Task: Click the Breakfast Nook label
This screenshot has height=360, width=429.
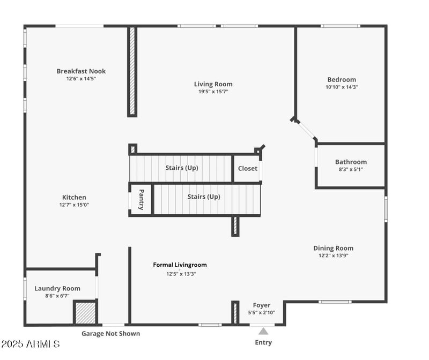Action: pyautogui.click(x=81, y=71)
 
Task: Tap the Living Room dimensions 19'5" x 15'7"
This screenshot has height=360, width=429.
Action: pyautogui.click(x=213, y=92)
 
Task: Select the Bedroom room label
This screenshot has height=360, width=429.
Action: pyautogui.click(x=341, y=80)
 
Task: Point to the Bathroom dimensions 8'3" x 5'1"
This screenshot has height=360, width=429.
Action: pyautogui.click(x=351, y=169)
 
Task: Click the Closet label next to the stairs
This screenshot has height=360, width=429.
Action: pyautogui.click(x=247, y=168)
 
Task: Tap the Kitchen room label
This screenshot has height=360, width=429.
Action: pyautogui.click(x=74, y=197)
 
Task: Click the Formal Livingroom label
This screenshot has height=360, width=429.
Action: pyautogui.click(x=180, y=265)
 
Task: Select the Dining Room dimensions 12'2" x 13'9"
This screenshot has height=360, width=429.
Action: pyautogui.click(x=333, y=256)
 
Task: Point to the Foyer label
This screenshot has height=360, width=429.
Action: pyautogui.click(x=262, y=305)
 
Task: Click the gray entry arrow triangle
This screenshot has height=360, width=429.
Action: pyautogui.click(x=263, y=331)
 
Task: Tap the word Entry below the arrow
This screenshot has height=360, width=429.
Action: pyautogui.click(x=263, y=342)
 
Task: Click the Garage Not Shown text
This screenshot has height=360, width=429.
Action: pyautogui.click(x=110, y=334)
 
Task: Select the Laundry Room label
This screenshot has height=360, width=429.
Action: pyautogui.click(x=57, y=288)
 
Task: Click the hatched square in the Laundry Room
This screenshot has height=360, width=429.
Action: pyautogui.click(x=85, y=312)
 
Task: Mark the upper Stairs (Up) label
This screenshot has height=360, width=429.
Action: pyautogui.click(x=181, y=168)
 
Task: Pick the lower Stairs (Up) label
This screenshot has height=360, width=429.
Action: pyautogui.click(x=203, y=197)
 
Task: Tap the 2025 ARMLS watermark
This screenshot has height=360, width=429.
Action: pyautogui.click(x=31, y=343)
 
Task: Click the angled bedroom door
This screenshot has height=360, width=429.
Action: pyautogui.click(x=306, y=130)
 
